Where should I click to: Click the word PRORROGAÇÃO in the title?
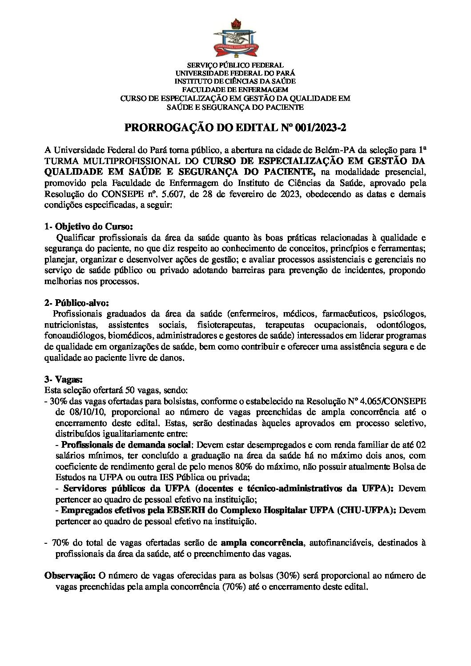tap(160, 128)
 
